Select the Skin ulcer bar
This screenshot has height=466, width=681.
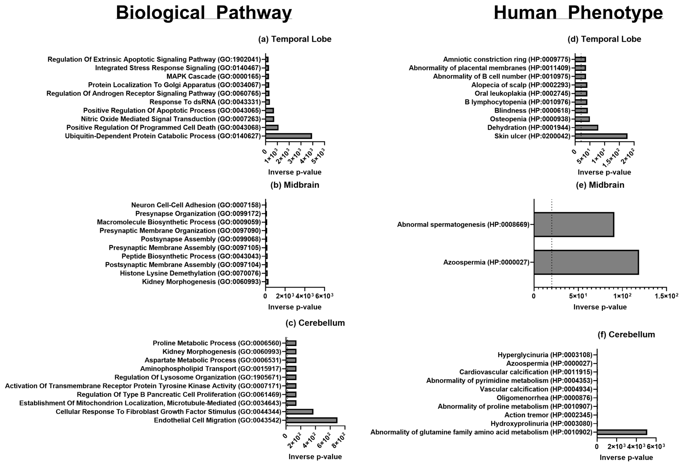pos(601,136)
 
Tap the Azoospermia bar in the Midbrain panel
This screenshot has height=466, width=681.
pos(586,262)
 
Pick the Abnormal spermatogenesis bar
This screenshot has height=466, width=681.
pos(574,224)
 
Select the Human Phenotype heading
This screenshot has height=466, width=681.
pos(578,13)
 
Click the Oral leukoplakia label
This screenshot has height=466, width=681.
pos(522,93)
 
